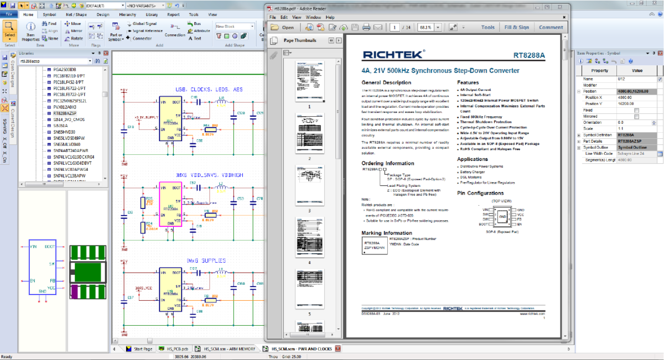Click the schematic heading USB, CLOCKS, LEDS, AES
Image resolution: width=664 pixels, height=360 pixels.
click(x=209, y=89)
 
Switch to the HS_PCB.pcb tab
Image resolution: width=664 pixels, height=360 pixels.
click(x=177, y=349)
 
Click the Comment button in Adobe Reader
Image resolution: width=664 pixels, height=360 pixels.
click(x=551, y=27)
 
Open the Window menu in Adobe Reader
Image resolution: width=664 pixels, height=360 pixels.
click(x=313, y=17)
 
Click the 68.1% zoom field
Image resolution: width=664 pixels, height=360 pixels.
click(x=426, y=27)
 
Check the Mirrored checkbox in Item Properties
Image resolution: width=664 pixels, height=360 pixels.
click(x=636, y=116)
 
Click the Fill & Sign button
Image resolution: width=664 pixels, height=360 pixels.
click(x=516, y=27)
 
